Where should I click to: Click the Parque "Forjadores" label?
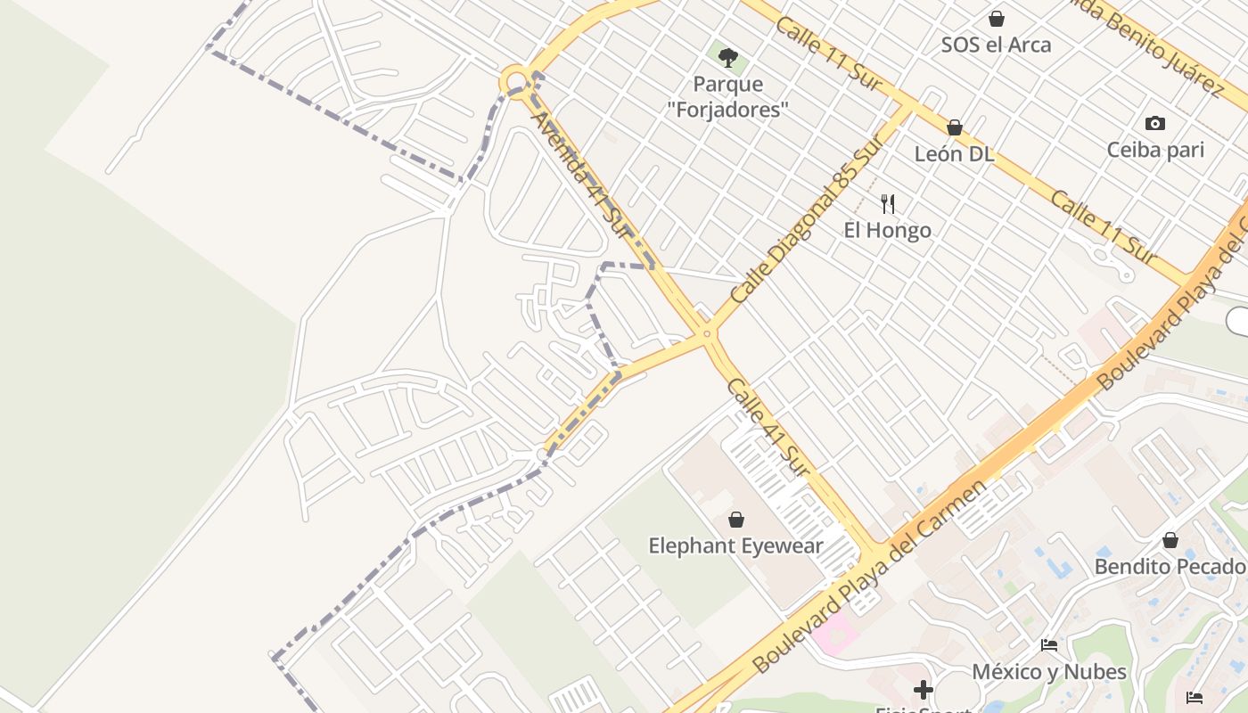[x=727, y=97]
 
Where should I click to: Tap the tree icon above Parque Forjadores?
[x=728, y=59]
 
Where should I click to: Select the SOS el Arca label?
[x=996, y=45]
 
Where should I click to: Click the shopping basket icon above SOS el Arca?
[x=997, y=19]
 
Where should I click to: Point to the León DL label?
[x=954, y=154]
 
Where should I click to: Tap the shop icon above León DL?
[x=955, y=128]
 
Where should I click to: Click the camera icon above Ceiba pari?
[x=1155, y=124]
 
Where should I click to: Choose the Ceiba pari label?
[x=1155, y=150]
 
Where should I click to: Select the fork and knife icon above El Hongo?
[x=887, y=204]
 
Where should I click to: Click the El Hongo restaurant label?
[x=887, y=230]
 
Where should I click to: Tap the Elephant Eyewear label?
[x=735, y=545]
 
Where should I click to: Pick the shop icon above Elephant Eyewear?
[x=736, y=520]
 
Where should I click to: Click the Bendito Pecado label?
[x=1170, y=567]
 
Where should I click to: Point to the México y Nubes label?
[x=1049, y=671]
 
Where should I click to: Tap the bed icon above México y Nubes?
[x=1049, y=645]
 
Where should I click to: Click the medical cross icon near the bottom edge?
[x=923, y=690]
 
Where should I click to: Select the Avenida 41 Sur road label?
[x=581, y=175]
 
